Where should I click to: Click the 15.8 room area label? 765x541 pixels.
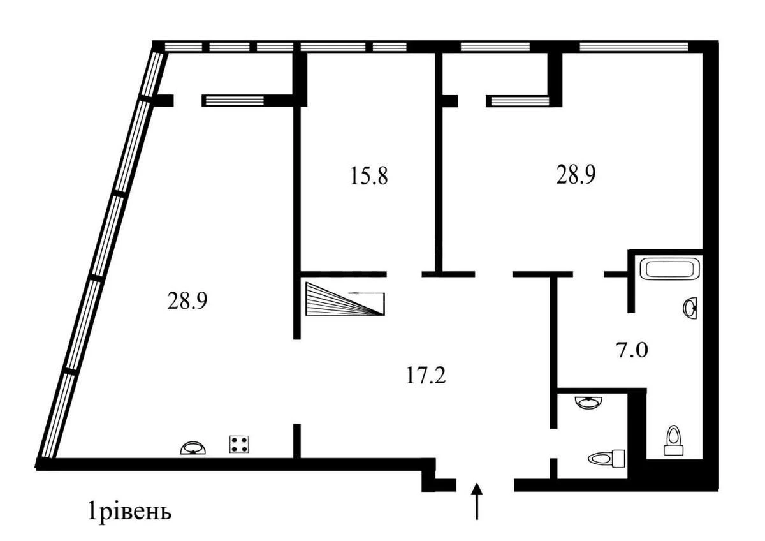tap(369, 176)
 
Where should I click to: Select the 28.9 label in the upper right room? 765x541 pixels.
tap(576, 176)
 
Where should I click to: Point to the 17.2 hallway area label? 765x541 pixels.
tap(425, 375)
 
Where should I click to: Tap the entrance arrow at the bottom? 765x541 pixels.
tap(477, 501)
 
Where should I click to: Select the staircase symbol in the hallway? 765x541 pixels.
tap(345, 299)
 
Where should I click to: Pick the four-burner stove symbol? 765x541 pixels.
tap(239, 444)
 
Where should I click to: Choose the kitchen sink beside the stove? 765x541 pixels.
tap(194, 447)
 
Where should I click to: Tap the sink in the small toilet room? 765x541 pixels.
tap(588, 403)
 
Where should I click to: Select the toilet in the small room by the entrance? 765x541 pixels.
tap(608, 457)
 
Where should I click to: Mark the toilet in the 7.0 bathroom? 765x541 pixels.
tap(673, 440)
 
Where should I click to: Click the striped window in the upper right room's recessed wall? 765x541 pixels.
tap(518, 100)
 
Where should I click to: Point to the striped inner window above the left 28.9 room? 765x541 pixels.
tap(233, 100)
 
